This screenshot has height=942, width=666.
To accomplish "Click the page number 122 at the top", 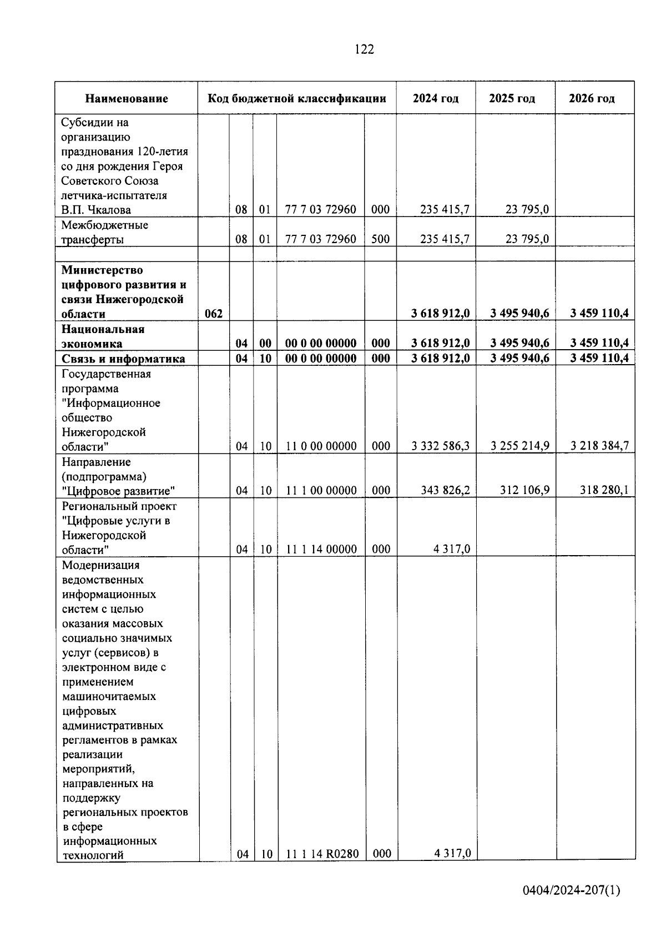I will tap(364, 49).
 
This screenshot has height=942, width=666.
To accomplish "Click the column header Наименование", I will tap(127, 99).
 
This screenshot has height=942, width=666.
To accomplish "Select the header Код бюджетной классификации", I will tap(297, 99).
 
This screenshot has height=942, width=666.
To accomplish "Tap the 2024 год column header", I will tap(436, 98).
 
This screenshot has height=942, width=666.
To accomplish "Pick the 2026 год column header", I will tap(592, 98).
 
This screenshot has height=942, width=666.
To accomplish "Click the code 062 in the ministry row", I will tap(214, 314).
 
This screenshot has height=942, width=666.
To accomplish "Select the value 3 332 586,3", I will tap(441, 446).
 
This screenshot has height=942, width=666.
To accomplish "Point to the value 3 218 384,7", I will tap(599, 446).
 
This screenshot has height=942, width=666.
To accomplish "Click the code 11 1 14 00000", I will tap(321, 549).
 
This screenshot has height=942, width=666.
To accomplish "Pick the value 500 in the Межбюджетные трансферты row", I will tap(380, 239).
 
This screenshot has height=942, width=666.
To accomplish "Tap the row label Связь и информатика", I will tap(123, 359).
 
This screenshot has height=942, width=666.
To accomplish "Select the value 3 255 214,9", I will tap(520, 446).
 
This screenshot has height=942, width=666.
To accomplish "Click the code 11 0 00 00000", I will tap(321, 446).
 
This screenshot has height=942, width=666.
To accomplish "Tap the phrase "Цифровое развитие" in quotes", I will tap(119, 491).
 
